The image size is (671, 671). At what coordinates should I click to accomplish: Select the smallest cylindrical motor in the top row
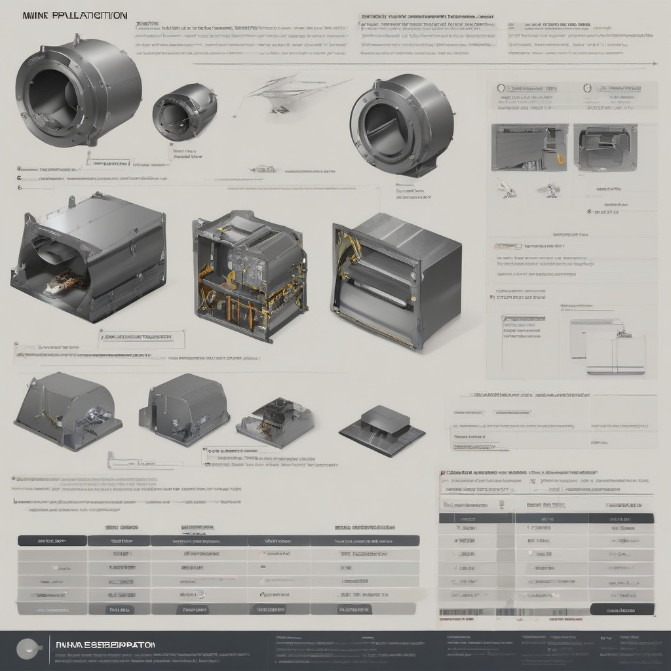184,111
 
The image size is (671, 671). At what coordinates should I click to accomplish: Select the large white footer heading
105,645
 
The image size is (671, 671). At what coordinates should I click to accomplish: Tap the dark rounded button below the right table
621,609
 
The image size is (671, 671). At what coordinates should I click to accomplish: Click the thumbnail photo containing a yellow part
529,147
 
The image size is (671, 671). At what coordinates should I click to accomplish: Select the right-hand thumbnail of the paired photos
605,147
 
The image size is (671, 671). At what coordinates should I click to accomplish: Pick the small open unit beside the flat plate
275,422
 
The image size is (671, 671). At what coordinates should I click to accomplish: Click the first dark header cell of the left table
52,541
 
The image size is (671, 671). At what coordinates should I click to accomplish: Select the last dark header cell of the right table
621,518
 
